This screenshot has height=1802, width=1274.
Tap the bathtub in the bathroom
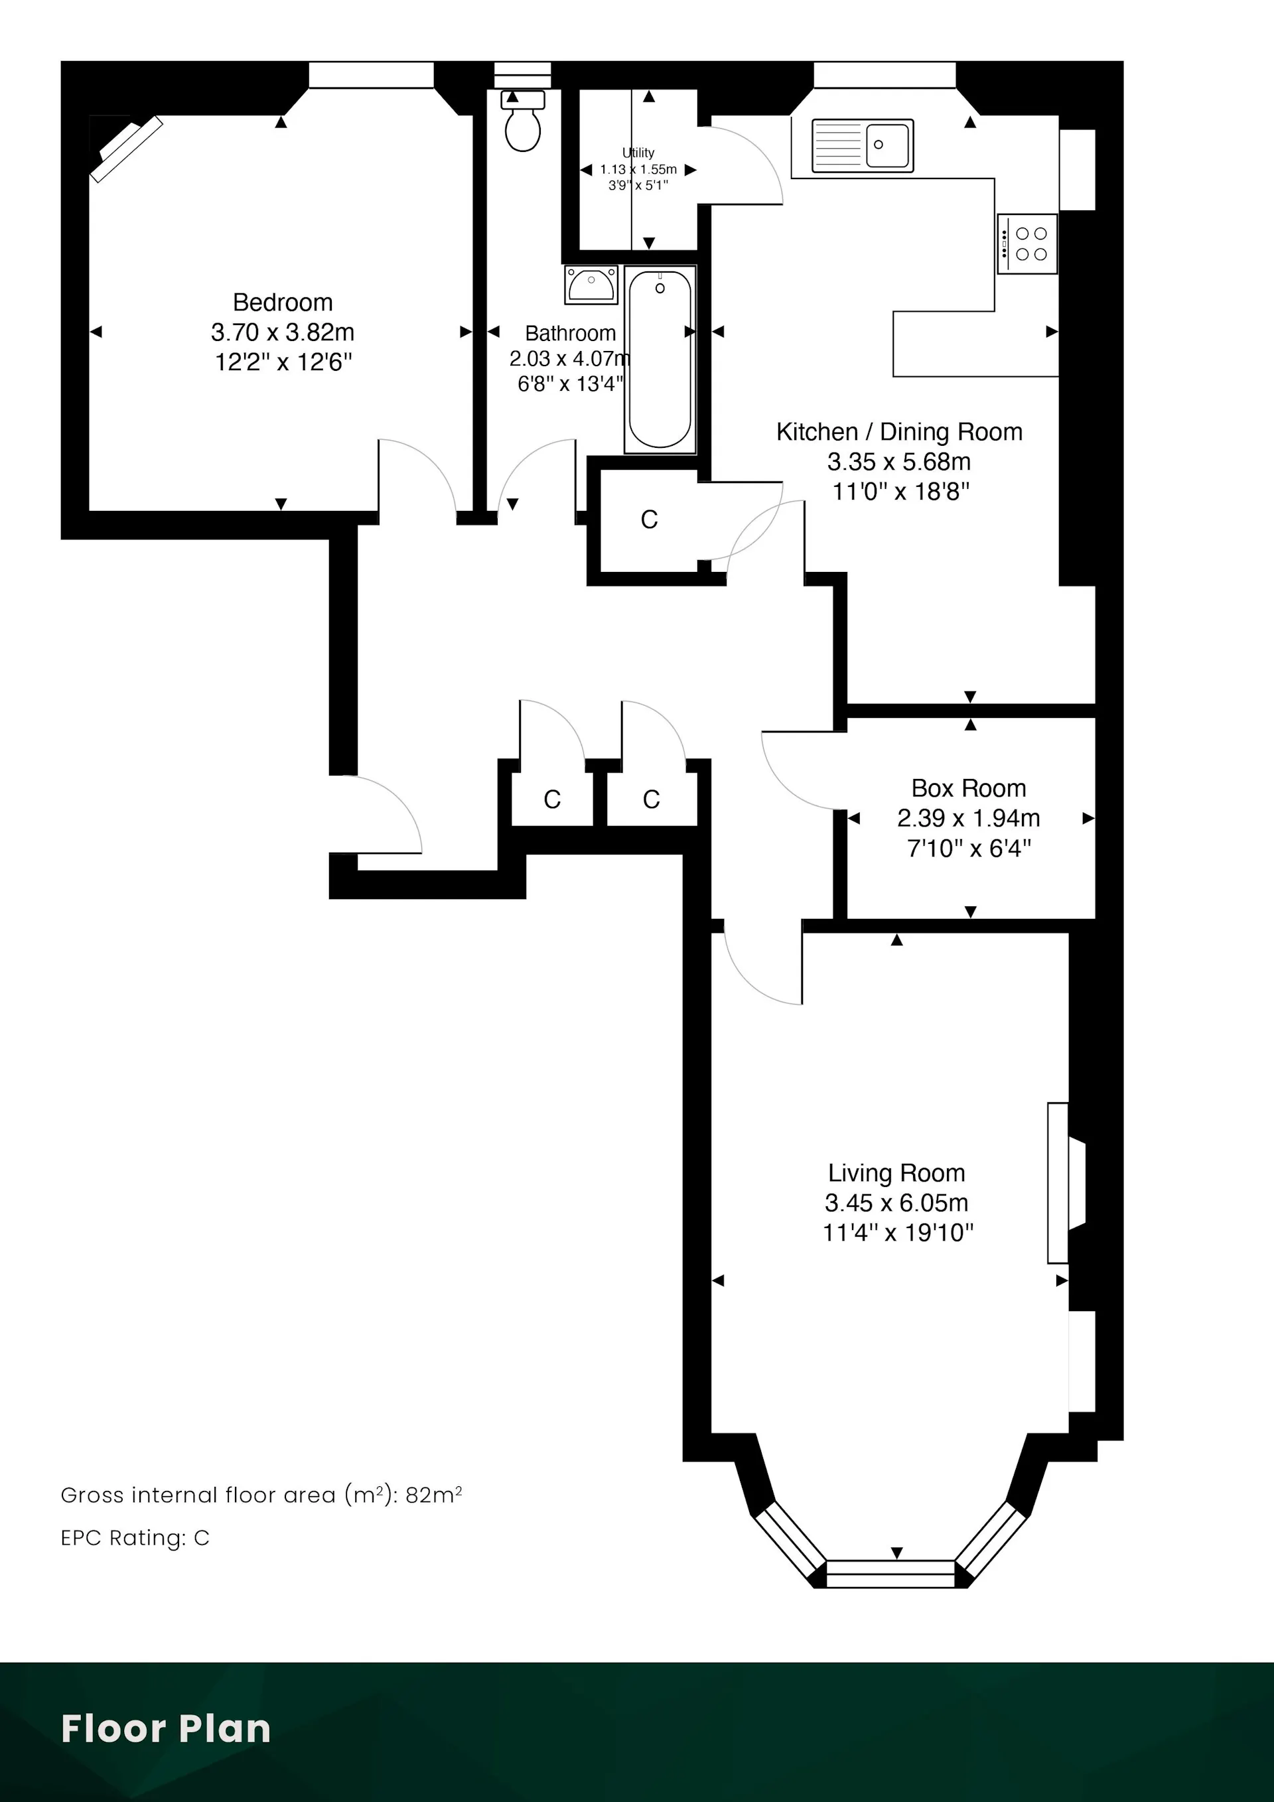coord(660,360)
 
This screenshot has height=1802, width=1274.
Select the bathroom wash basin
coord(591,284)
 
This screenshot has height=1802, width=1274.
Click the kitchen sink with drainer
coord(863,145)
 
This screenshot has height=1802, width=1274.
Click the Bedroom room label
coord(283,302)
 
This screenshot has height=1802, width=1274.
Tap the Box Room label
coord(969,788)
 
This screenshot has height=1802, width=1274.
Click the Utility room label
coord(638,152)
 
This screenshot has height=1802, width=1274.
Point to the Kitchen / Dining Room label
coord(900,432)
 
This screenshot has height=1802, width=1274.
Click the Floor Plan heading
coord(166,1729)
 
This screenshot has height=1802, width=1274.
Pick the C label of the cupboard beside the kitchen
coord(649,520)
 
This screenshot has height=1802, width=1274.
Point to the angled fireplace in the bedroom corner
coord(125,149)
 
